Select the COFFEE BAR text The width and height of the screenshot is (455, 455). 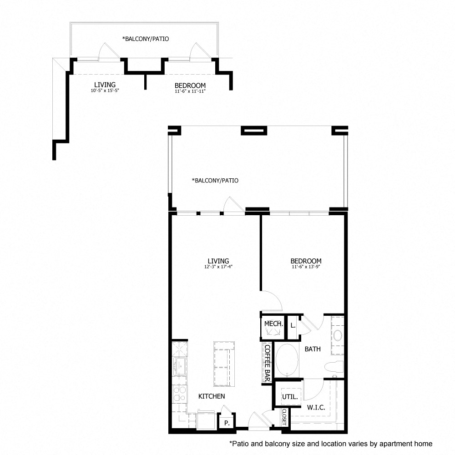coord(267,363)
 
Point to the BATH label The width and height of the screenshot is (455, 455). coord(313,349)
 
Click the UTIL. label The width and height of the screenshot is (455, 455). coord(290,397)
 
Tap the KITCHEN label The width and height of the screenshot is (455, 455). coord(212,396)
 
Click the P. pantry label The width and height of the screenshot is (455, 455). coord(227,423)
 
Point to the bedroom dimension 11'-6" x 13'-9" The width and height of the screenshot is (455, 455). coord(306,267)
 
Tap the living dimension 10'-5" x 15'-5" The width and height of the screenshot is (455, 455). coord(105,91)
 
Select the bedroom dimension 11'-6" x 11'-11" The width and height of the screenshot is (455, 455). coord(190,91)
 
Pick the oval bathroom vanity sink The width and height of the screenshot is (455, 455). coord(338,336)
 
